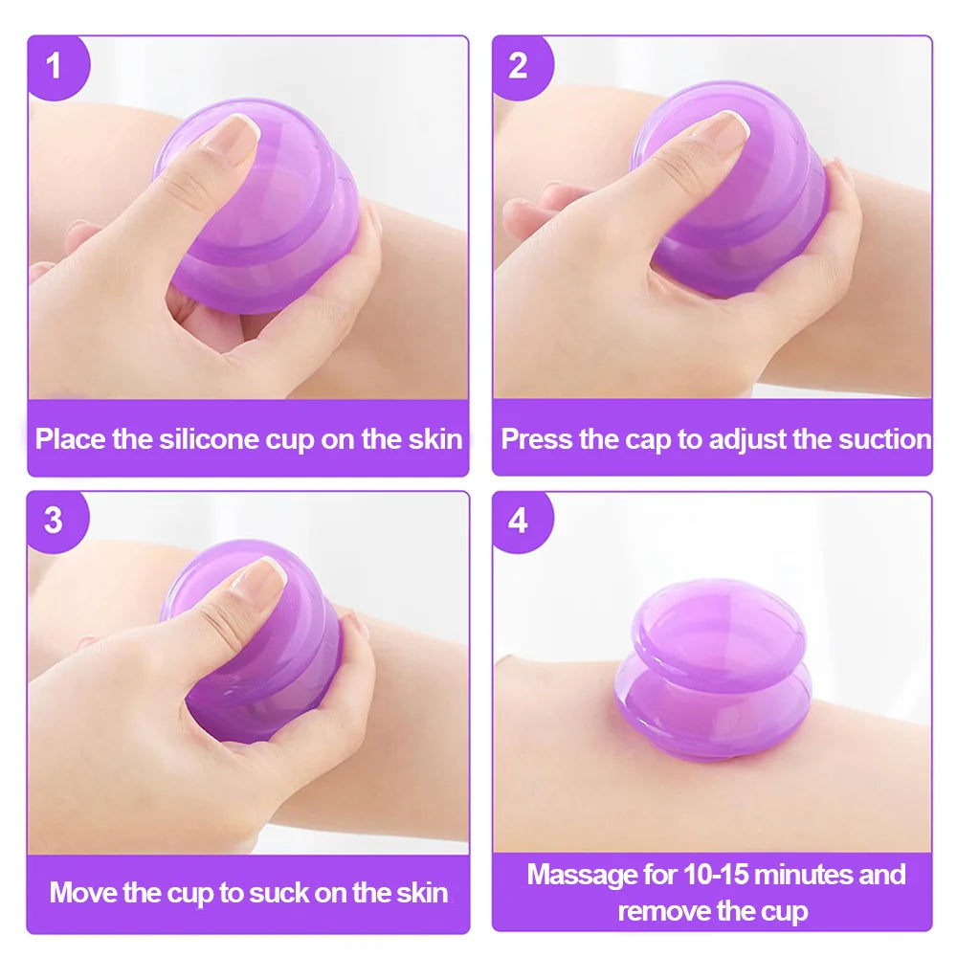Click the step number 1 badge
tap(56, 66)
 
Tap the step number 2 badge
tap(521, 66)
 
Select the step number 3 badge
tap(56, 521)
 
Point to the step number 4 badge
tap(521, 521)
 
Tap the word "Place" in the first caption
tap(71, 439)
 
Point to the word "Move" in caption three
tap(83, 892)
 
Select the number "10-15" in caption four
tap(716, 874)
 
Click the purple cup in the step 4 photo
tap(714, 670)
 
